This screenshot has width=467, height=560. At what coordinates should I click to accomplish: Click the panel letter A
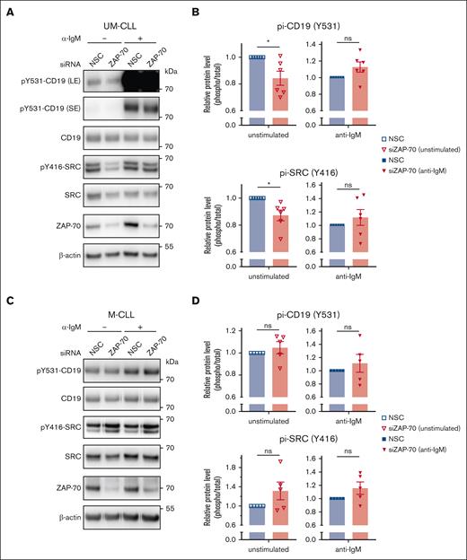8,8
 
